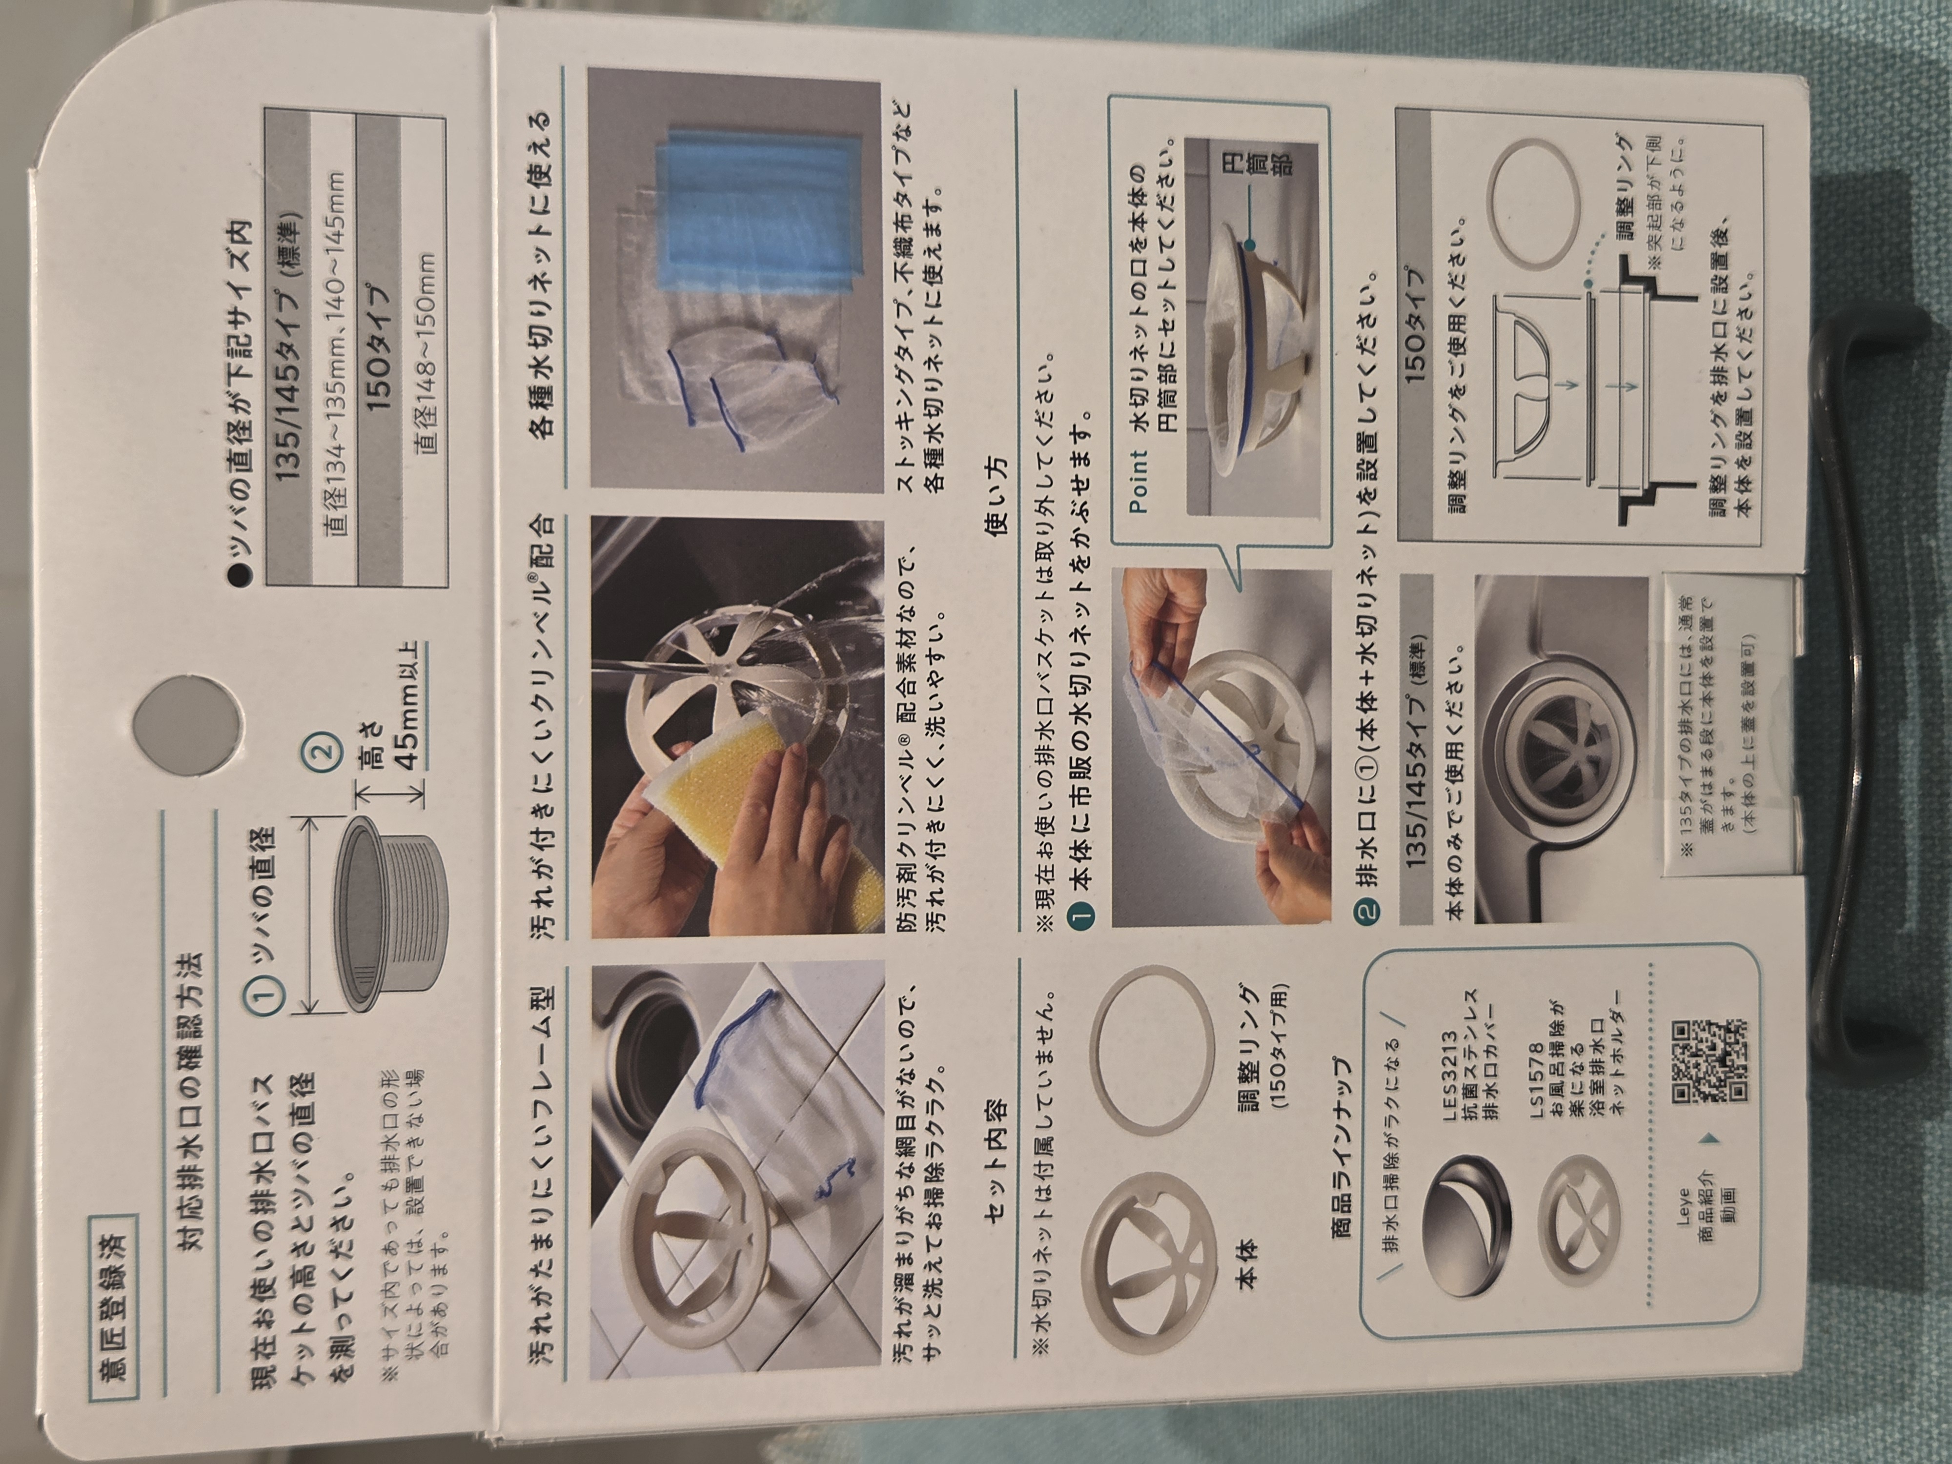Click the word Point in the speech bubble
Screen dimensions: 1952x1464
[x=1139, y=482]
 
